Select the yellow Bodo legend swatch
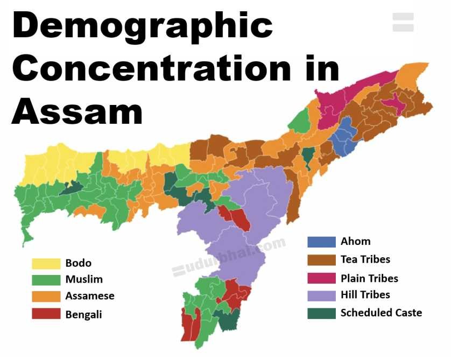tap(46, 263)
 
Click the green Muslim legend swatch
tap(46, 280)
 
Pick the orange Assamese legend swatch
tap(46, 297)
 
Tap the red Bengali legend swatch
tap(46, 314)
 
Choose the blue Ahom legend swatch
tap(321, 242)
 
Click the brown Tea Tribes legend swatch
tap(321, 259)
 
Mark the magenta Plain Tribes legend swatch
tap(321, 278)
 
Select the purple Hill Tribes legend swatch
tap(321, 295)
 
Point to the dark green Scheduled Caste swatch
tap(321, 313)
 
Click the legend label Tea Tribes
tap(365, 259)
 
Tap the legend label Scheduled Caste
tap(381, 313)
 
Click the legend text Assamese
tap(90, 297)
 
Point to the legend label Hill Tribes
tap(365, 295)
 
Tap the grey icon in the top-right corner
tap(403, 22)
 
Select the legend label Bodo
tap(79, 263)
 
